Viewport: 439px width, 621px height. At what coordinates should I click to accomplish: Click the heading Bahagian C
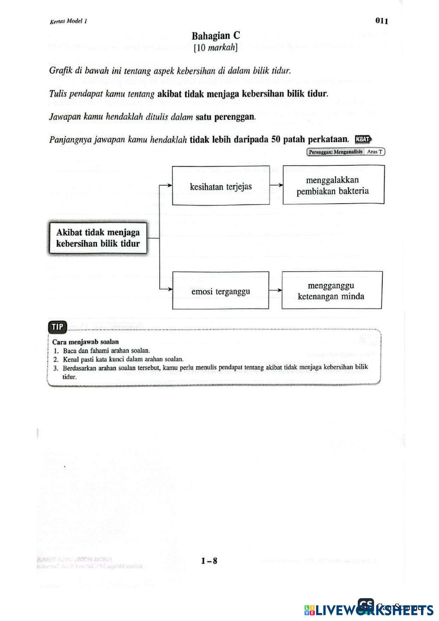point(216,36)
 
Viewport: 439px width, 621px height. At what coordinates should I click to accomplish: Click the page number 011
point(381,21)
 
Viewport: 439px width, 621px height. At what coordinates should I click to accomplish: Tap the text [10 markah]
point(216,47)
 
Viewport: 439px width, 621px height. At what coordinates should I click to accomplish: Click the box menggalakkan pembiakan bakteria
point(333,185)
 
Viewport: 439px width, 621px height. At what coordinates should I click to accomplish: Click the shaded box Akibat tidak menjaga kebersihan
point(98,238)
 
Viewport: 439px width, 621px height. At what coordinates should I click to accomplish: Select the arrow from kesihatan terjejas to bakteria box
point(276,185)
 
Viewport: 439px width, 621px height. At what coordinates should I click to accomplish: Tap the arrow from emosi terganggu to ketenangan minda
point(275,290)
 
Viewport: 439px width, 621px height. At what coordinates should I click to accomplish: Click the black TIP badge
point(58,327)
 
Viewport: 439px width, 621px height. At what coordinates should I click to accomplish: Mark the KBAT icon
point(363,139)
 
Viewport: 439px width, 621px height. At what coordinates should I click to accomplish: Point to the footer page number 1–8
point(209,560)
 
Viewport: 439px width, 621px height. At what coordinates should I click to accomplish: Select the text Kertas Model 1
point(68,21)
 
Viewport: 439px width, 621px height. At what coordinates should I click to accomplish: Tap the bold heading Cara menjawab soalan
point(86,341)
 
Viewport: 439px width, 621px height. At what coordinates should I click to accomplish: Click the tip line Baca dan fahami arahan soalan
point(107,350)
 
